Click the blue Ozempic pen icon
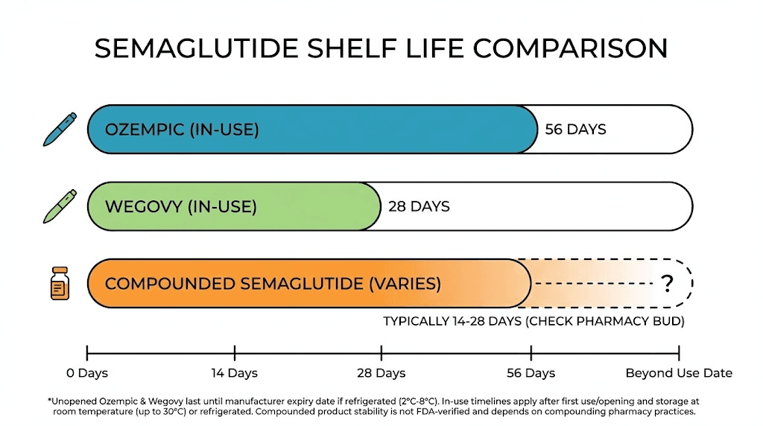[59, 129]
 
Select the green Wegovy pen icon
[59, 206]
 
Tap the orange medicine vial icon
[60, 284]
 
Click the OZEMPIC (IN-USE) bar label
[182, 130]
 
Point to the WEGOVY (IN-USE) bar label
[181, 206]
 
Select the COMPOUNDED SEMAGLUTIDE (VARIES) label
[273, 284]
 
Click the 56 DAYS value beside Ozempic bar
[575, 130]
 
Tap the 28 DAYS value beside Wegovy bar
[419, 206]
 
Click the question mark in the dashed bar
[667, 283]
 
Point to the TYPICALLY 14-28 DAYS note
[534, 322]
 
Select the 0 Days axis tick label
[87, 372]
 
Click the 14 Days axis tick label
[234, 372]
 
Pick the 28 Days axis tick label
[381, 372]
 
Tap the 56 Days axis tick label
[531, 372]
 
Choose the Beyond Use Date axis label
[679, 372]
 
